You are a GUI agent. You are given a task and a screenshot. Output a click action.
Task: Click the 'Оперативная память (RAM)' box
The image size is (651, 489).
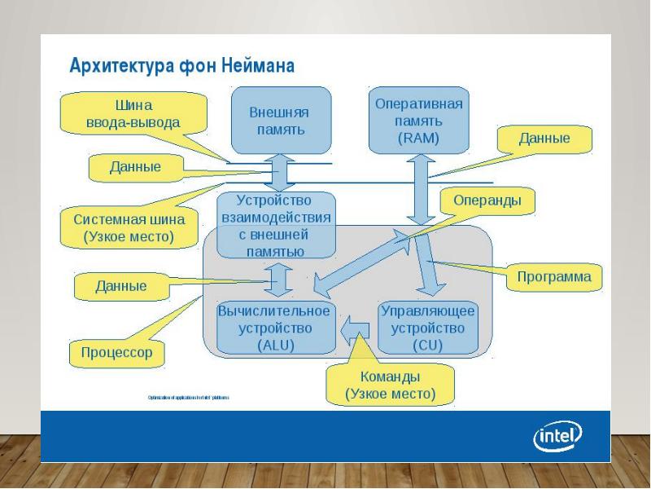coord(418,121)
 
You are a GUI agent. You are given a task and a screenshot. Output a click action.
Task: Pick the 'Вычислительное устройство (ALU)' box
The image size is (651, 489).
coord(273,328)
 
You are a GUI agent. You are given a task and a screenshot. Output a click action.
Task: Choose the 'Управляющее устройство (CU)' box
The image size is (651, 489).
coord(427,328)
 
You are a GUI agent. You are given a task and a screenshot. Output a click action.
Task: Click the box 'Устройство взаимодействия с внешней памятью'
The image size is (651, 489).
coord(277,225)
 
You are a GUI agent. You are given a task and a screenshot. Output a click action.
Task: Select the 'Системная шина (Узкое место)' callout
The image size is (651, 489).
coord(129,228)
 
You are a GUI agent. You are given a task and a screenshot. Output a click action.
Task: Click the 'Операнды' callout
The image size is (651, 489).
coord(482,200)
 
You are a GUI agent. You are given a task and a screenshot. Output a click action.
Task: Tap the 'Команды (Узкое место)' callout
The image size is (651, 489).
coord(390,385)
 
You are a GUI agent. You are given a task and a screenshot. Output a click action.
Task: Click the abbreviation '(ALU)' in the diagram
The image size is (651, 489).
coord(274,344)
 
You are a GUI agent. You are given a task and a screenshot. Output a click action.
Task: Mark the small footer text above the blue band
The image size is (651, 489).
coord(189,398)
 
